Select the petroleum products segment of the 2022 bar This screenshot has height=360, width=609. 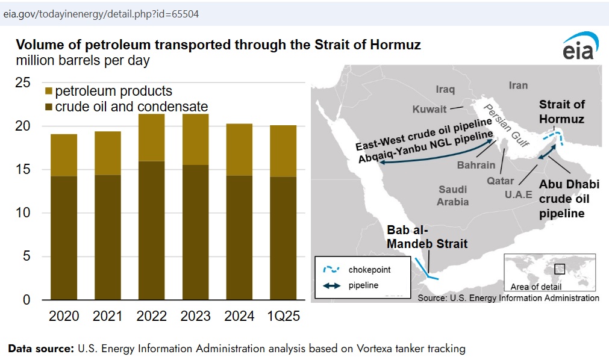tap(151, 137)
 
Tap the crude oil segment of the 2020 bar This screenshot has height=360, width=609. tap(64, 238)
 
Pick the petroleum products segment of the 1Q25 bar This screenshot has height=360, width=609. tap(283, 151)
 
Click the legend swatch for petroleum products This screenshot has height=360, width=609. tap(49, 92)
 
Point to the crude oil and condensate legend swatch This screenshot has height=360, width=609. tap(49, 107)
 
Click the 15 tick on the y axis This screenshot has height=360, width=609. tap(22, 169)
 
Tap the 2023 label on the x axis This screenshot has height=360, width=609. tap(195, 316)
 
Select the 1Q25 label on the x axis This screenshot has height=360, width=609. tap(284, 316)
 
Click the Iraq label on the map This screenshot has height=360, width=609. tap(445, 89)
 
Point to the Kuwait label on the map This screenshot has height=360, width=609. tap(429, 109)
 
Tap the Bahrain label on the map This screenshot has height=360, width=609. tap(476, 165)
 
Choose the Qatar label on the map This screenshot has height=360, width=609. tap(500, 181)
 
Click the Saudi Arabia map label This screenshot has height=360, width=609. tap(453, 196)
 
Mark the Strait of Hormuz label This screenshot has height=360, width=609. tap(561, 111)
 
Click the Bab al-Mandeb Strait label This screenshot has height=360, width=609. tap(427, 237)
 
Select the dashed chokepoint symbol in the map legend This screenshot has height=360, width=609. tap(331, 269)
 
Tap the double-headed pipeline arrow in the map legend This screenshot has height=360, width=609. tap(331, 286)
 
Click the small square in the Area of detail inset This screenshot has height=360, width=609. tap(559, 268)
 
